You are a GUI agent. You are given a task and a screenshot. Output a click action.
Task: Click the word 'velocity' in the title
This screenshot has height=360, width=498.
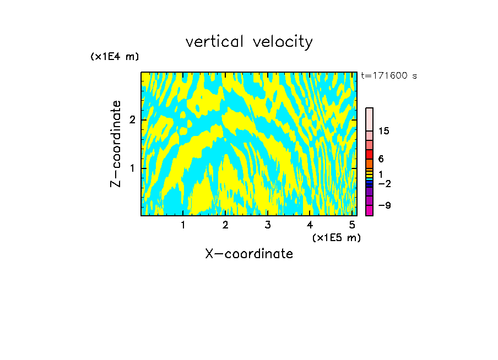click(283, 42)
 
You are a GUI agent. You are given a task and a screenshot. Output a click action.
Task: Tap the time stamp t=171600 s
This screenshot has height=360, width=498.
click(389, 75)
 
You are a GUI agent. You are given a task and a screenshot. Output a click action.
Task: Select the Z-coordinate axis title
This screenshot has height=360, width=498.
click(116, 144)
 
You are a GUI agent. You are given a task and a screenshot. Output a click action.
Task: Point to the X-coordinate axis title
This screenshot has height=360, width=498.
click(249, 254)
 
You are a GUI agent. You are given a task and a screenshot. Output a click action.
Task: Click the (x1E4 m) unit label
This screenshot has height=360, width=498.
click(115, 57)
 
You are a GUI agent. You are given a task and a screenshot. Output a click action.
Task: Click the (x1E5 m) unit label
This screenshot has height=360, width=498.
click(336, 237)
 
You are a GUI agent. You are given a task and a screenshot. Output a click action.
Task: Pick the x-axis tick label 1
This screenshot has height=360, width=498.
click(183, 225)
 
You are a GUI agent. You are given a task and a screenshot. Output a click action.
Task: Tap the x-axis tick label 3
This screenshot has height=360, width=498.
click(268, 225)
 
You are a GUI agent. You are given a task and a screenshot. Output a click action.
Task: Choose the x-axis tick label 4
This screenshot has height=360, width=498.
click(310, 225)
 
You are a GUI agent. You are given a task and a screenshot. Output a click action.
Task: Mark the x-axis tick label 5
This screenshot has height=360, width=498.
click(352, 225)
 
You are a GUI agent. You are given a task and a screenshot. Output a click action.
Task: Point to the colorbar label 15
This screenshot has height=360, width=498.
click(384, 131)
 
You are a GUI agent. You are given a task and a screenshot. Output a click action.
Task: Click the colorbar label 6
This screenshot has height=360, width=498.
click(381, 159)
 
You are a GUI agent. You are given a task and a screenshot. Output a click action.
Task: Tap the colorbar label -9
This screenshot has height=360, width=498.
click(384, 205)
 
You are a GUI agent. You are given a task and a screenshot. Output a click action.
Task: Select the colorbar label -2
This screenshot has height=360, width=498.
click(384, 183)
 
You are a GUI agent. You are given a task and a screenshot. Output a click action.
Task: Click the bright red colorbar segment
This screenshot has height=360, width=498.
click(369, 154)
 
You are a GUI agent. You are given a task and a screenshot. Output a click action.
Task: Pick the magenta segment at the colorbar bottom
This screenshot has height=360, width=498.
click(369, 210)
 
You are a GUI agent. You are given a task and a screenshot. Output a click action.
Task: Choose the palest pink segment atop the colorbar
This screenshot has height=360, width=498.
click(369, 119)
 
